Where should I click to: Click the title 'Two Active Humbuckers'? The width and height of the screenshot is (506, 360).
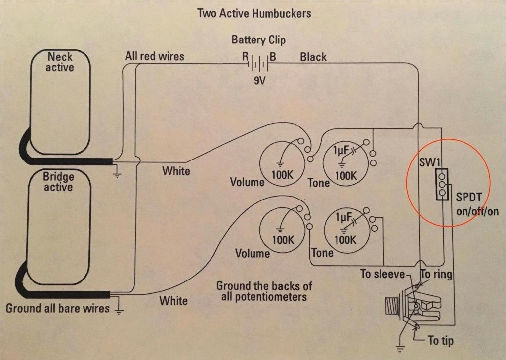254,13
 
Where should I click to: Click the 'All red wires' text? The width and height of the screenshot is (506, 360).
154,56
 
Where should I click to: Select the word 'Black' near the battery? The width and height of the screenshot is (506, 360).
313,57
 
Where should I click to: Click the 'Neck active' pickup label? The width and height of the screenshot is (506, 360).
60,62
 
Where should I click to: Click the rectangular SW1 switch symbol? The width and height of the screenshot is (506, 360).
442,184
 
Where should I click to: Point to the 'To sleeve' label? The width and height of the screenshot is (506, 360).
382,274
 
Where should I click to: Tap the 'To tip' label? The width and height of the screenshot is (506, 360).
440,341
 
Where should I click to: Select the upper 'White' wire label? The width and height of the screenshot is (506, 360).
176,171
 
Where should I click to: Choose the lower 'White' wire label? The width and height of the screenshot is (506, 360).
173,300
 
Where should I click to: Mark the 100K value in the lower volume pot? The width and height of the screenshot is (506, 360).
282,240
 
